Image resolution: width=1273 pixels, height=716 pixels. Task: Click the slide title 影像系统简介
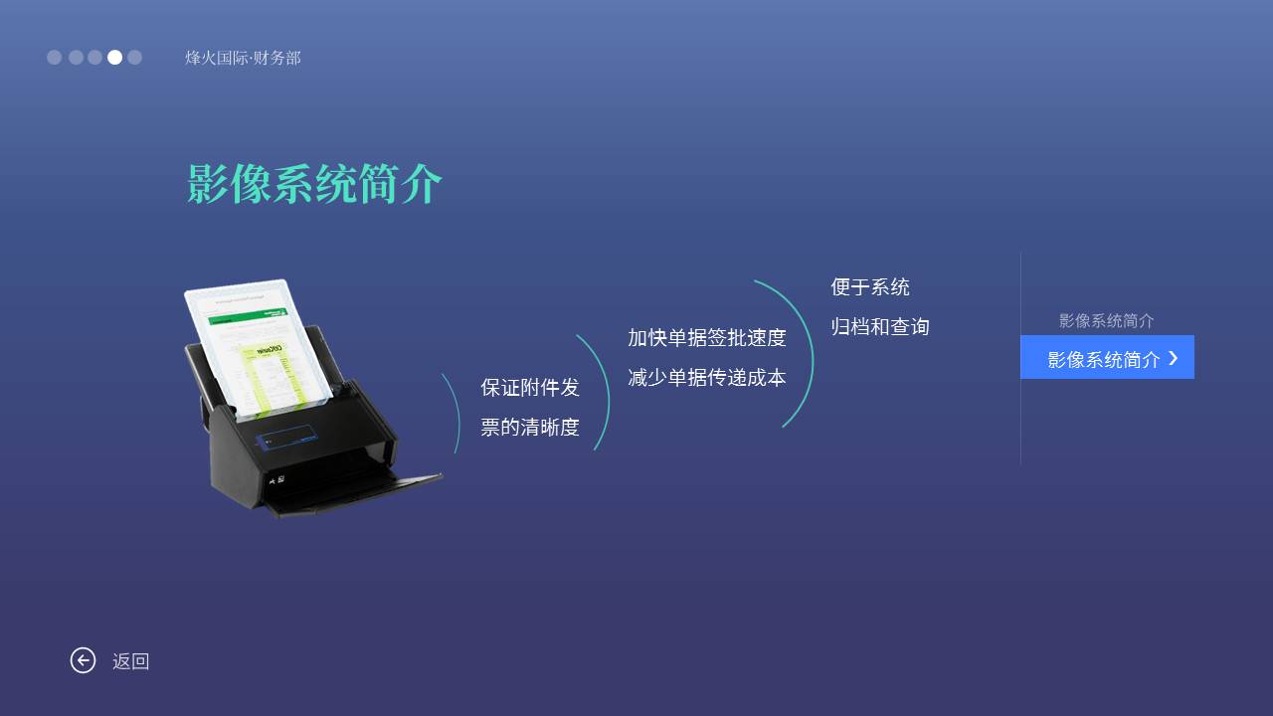point(314,184)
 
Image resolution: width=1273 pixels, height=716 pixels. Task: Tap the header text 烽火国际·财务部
point(243,58)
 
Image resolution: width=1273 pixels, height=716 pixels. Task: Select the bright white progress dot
point(114,58)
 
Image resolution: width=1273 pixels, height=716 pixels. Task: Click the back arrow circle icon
point(83,660)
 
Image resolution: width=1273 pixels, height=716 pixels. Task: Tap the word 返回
point(130,661)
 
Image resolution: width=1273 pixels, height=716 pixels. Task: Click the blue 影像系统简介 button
point(1107,357)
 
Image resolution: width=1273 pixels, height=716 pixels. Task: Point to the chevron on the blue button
point(1174,358)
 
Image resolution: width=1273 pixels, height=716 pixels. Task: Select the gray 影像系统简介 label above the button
point(1106,321)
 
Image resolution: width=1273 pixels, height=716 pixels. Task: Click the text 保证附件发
point(530,388)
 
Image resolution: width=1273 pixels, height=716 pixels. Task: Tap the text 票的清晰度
point(530,428)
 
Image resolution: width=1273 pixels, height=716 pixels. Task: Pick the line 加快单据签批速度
point(707,338)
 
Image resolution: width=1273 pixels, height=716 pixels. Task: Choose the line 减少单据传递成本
point(707,378)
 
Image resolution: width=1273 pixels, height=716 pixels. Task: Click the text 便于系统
point(870,287)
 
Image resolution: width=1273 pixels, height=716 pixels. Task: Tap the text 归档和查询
point(880,327)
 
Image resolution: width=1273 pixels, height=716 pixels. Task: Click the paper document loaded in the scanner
point(256,347)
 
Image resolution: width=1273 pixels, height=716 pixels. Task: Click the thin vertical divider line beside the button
point(1020,359)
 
